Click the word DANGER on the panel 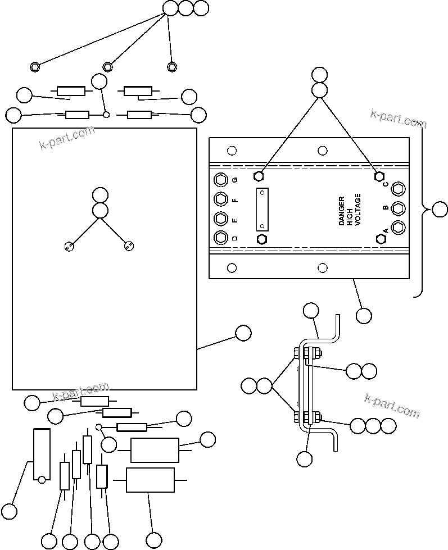[x=341, y=211]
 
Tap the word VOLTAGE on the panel [x=359, y=210]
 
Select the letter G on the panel [x=235, y=180]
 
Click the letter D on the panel [x=235, y=238]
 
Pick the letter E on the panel [x=235, y=219]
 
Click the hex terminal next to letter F [x=221, y=199]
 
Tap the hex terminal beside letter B [x=398, y=208]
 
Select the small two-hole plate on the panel [x=262, y=209]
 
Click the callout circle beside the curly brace [x=440, y=210]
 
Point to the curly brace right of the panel [x=420, y=210]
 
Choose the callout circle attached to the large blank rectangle [x=243, y=333]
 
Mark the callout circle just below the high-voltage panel [x=364, y=315]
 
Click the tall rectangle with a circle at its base [x=42, y=455]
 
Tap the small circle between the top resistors [x=106, y=115]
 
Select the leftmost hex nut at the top [x=35, y=66]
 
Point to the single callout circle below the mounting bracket [x=304, y=458]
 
